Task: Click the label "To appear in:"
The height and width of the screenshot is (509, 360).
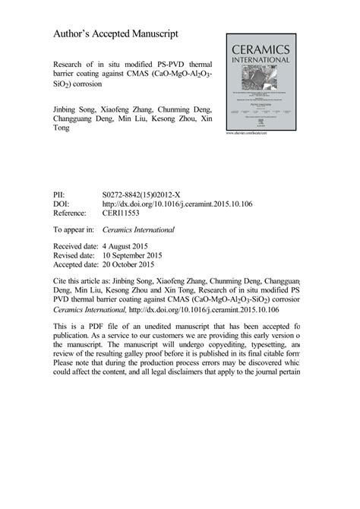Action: coord(74,229)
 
